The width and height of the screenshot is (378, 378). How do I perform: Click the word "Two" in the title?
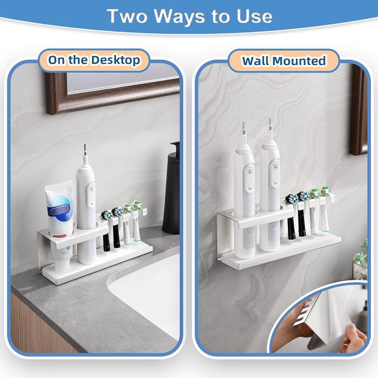click(127, 16)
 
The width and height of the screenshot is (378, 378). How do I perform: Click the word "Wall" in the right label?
click(255, 60)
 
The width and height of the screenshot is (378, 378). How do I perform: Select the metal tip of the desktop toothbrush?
click(85, 150)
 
